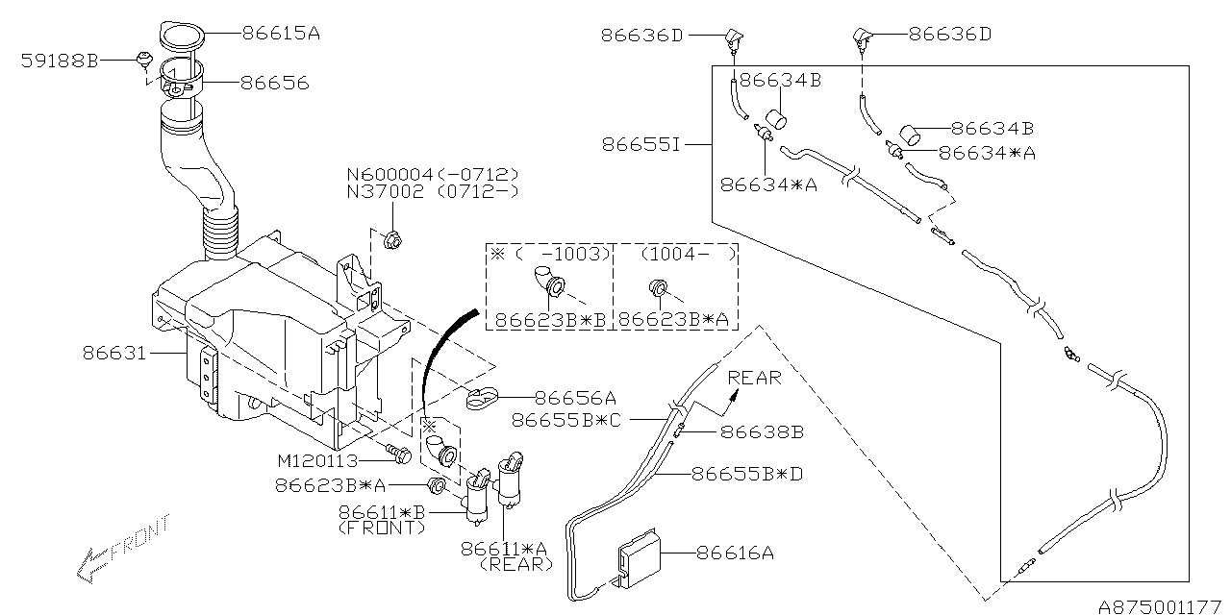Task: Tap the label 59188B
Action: pos(60,61)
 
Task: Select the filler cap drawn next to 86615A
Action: pos(176,37)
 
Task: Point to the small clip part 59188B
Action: pos(143,61)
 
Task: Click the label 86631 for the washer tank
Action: pos(113,354)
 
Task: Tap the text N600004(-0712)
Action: pos(433,174)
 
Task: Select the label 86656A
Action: pos(574,398)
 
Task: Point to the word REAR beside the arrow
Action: pos(754,378)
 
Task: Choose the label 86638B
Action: pos(761,432)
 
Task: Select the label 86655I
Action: pos(641,145)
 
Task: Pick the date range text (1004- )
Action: pos(678,254)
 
